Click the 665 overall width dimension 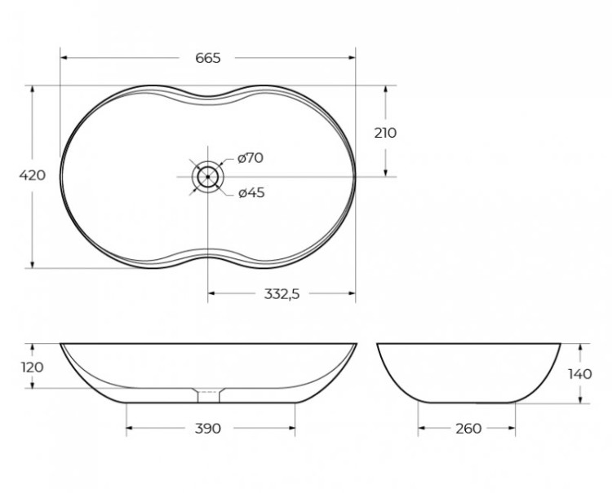pyautogui.click(x=208, y=58)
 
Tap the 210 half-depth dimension pyautogui.click(x=385, y=133)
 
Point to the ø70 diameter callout pyautogui.click(x=251, y=158)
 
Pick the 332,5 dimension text pyautogui.click(x=281, y=294)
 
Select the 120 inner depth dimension pyautogui.click(x=32, y=367)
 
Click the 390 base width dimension pyautogui.click(x=208, y=429)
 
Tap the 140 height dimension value pyautogui.click(x=580, y=373)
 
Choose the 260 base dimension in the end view pyautogui.click(x=468, y=429)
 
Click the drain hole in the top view pyautogui.click(x=208, y=175)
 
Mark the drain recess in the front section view pyautogui.click(x=208, y=394)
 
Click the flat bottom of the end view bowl pyautogui.click(x=467, y=403)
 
